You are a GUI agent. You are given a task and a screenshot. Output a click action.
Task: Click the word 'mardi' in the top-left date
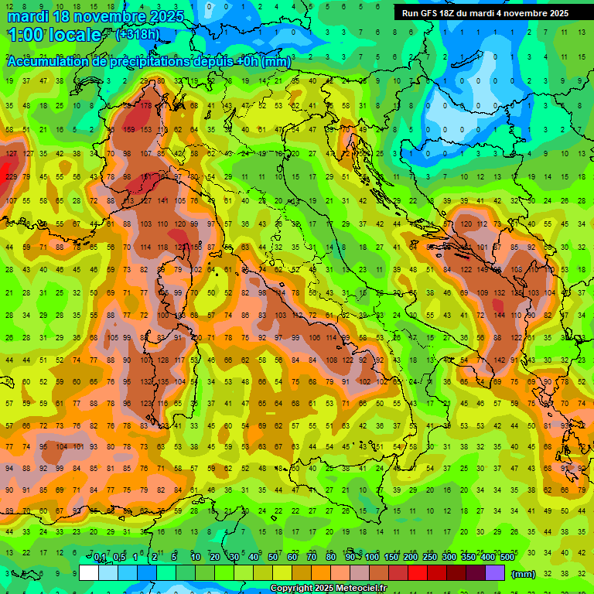click(28, 16)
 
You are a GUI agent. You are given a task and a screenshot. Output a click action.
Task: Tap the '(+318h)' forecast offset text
click(138, 34)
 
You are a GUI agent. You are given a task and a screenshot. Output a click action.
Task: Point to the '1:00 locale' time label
click(54, 35)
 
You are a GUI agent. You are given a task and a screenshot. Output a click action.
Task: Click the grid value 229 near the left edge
click(10, 177)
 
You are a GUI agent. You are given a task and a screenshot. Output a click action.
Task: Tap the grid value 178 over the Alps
click(145, 106)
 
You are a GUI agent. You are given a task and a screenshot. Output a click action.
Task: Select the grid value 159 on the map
click(128, 130)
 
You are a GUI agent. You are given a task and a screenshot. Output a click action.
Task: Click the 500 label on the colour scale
click(507, 558)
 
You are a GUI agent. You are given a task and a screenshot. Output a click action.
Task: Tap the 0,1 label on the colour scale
click(100, 558)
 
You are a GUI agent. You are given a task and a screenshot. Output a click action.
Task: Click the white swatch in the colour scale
click(89, 572)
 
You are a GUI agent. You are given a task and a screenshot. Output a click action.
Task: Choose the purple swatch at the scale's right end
click(495, 572)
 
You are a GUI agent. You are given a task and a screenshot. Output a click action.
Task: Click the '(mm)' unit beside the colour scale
click(523, 573)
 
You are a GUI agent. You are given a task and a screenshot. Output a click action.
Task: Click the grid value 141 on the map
click(162, 201)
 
